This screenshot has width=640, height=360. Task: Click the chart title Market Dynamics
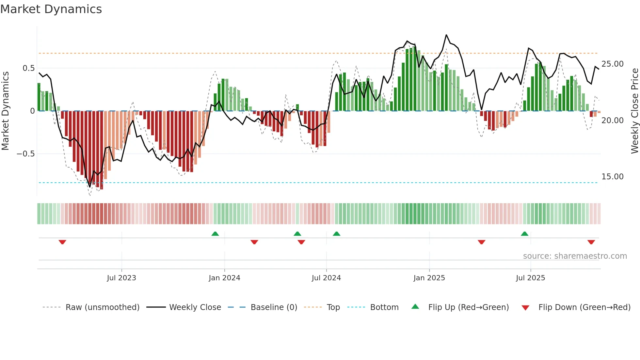pos(51,9)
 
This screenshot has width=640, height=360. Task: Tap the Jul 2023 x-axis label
pos(121,278)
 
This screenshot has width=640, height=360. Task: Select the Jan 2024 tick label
pos(224,278)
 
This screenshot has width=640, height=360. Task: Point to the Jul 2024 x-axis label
pos(326,278)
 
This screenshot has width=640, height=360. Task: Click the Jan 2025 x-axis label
pos(429,278)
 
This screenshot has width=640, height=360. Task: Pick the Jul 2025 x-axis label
pos(531,278)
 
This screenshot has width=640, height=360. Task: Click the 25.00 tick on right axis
pos(612,64)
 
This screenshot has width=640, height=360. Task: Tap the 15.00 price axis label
pos(612,177)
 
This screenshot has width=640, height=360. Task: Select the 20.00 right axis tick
pos(612,121)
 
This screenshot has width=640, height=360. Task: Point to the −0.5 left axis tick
pos(26,154)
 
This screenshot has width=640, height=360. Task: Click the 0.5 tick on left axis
pos(28,68)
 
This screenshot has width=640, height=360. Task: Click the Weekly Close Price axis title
pos(634,111)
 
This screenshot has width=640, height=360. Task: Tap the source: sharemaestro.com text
pos(575,256)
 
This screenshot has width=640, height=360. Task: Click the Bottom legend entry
pos(384,307)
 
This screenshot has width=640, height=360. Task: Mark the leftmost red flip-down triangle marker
pos(62,242)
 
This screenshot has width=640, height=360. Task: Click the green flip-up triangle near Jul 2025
pos(524,234)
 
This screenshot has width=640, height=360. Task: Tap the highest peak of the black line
pos(446,35)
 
